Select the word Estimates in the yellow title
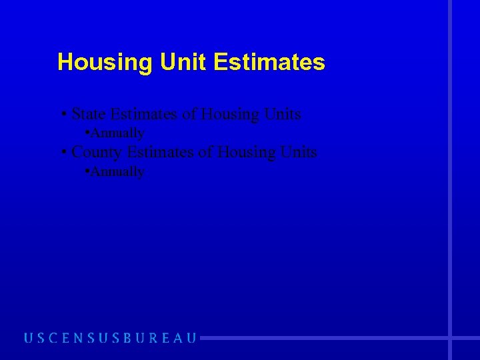(269, 63)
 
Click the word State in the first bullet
(89, 114)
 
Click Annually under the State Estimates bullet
(117, 133)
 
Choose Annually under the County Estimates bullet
(117, 172)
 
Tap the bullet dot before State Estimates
(63, 115)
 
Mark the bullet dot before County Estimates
(63, 153)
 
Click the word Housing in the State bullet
(229, 114)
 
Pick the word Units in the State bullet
(283, 114)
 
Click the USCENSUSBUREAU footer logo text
(111, 338)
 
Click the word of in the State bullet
(189, 114)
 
